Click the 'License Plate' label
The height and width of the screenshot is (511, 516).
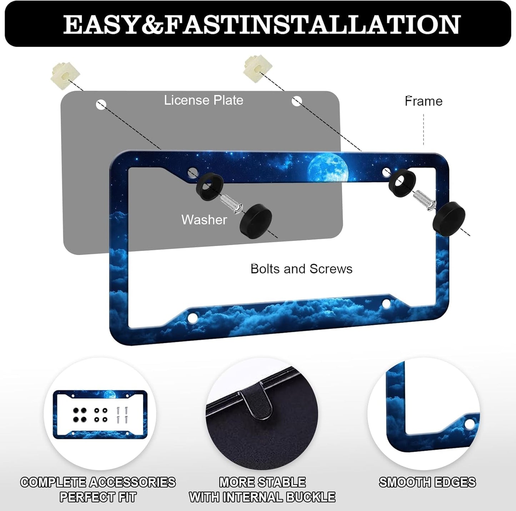(204, 100)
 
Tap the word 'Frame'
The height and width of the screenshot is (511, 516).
(424, 101)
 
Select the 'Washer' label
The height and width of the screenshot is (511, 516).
(204, 220)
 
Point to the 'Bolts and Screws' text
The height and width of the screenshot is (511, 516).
(301, 269)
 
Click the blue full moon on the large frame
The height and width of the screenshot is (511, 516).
(327, 168)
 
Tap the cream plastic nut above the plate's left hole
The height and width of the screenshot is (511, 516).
(65, 71)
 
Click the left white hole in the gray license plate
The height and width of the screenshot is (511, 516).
(101, 105)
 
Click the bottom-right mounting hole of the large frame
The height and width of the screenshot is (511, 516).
(386, 304)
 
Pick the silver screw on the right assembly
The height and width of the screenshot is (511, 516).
(425, 200)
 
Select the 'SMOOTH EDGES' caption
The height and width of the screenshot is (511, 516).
(427, 482)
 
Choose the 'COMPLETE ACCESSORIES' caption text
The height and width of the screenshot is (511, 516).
(98, 482)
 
